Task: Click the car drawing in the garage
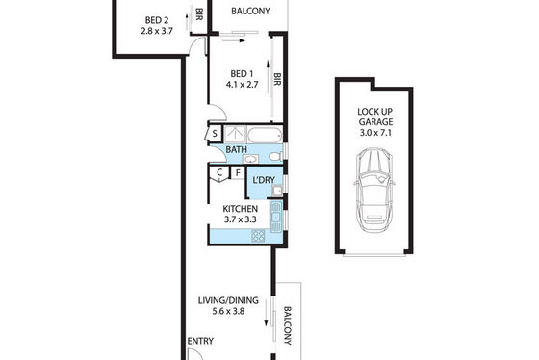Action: (x=374, y=191)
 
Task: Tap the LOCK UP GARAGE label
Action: (x=375, y=116)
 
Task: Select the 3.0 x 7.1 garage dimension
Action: (x=375, y=133)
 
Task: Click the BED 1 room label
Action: (x=242, y=74)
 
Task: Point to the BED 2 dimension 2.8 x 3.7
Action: (x=157, y=31)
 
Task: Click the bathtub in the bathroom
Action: (x=265, y=135)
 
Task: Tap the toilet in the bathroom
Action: (x=275, y=157)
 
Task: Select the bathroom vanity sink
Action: (x=250, y=159)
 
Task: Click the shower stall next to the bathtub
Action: (x=235, y=134)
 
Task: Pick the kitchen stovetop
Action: (x=259, y=236)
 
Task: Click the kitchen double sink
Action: (x=276, y=217)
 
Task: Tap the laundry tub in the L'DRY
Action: (x=277, y=191)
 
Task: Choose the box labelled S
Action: (x=214, y=134)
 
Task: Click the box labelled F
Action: (x=238, y=172)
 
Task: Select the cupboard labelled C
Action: (x=219, y=173)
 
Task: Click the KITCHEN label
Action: (x=241, y=209)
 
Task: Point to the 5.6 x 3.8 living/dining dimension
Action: (x=228, y=312)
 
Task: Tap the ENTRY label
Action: (x=200, y=341)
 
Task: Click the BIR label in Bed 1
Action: (x=277, y=79)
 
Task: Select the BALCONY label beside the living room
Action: (x=288, y=325)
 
